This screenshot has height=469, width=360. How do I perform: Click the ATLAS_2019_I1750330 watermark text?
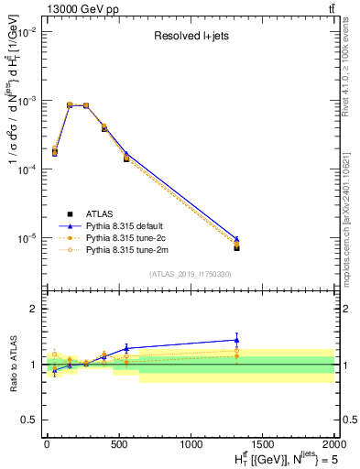[x=189, y=273]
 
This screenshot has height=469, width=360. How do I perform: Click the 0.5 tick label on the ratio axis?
[x=30, y=420]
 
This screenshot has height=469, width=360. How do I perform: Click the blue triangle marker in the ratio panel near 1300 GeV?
[x=237, y=340]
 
